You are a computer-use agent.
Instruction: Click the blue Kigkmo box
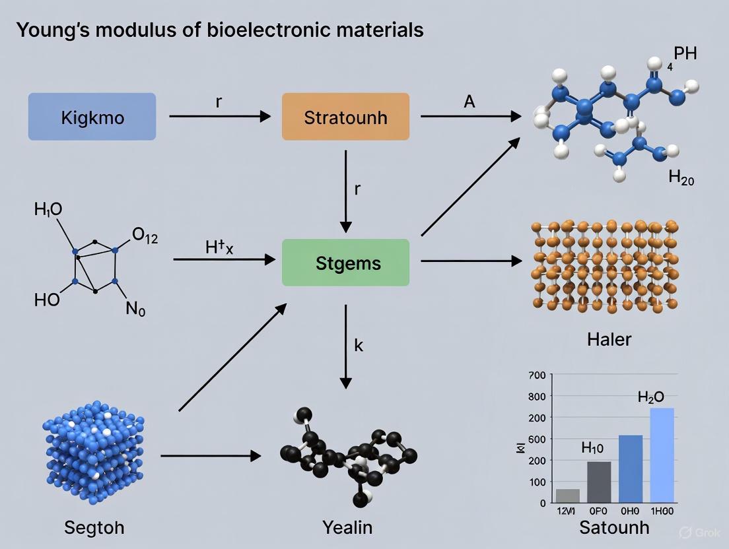[92, 117]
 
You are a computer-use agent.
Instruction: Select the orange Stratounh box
[345, 117]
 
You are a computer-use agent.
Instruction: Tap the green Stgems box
[345, 263]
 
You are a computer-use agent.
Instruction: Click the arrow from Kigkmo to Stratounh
[219, 117]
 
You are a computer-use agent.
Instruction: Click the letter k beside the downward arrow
[359, 345]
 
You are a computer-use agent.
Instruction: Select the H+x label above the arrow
[220, 248]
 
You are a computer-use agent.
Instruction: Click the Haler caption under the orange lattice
[609, 340]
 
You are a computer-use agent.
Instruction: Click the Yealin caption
[347, 527]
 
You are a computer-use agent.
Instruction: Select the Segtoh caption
[94, 527]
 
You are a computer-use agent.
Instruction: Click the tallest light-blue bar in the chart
[662, 455]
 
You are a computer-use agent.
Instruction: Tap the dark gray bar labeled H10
[599, 482]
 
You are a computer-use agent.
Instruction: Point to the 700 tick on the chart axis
[537, 375]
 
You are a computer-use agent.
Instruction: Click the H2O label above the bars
[650, 397]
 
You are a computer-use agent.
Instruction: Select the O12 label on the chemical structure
[145, 238]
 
